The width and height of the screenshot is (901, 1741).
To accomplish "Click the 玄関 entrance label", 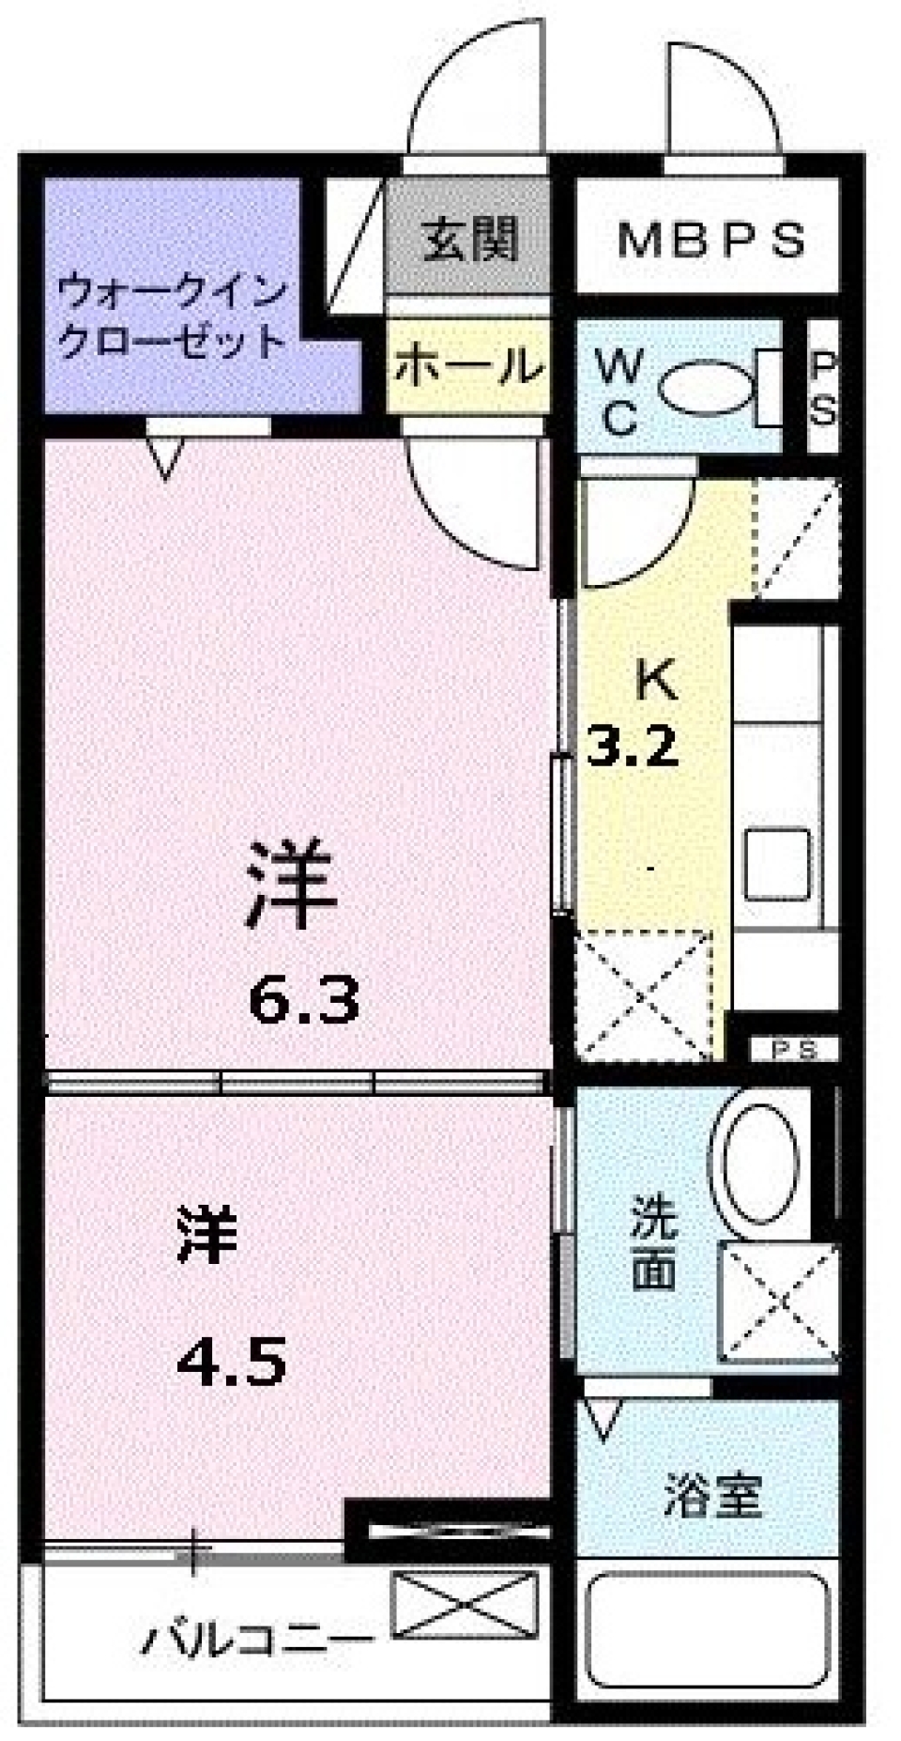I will pyautogui.click(x=468, y=239).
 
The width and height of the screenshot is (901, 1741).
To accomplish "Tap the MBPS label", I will pyautogui.click(x=710, y=240).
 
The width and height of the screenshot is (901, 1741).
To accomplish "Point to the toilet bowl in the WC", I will pyautogui.click(x=707, y=385).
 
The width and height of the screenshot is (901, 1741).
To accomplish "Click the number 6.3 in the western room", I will pyautogui.click(x=303, y=1001).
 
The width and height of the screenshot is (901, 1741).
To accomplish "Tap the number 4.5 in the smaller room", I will pyautogui.click(x=232, y=1364).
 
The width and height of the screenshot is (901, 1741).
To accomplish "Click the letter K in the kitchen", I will pyautogui.click(x=656, y=680).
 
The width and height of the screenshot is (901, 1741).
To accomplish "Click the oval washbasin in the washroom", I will pyautogui.click(x=759, y=1162).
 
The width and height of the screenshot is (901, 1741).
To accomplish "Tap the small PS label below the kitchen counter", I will pyautogui.click(x=793, y=1050).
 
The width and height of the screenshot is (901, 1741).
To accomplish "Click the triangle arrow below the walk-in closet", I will pyautogui.click(x=165, y=460).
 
